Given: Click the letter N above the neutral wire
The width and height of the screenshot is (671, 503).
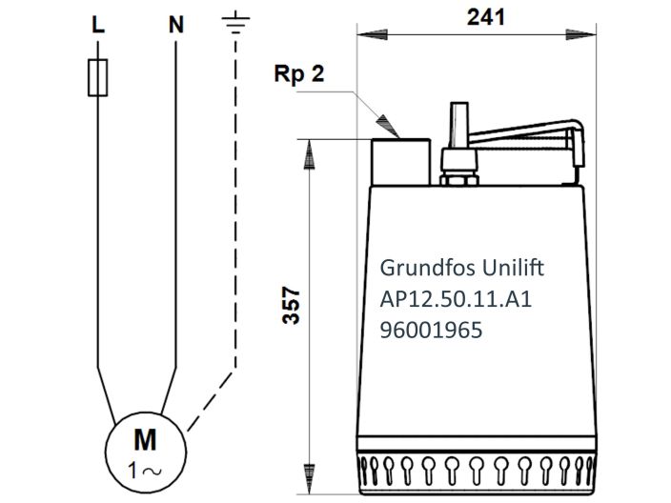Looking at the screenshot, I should coord(175,26).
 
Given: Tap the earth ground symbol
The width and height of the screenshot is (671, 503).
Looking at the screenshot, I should coord(234,23).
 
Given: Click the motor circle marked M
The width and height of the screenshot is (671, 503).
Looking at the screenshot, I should coord(145,450).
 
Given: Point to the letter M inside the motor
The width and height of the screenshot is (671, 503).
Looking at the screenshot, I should coord(145,440).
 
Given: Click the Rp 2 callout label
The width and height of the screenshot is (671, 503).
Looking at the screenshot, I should coord(296,75).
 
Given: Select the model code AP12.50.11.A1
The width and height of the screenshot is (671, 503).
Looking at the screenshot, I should coord(455,300).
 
